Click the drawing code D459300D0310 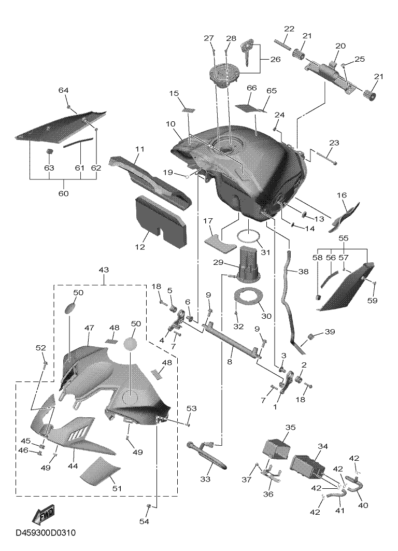point(46,533)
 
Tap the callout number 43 point(104,270)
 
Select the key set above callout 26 point(248,53)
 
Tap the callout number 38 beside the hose point(303,271)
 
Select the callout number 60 point(64,193)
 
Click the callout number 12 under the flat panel point(140,247)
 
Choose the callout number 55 point(343,238)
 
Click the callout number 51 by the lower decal point(117,488)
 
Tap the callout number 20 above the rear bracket point(340,46)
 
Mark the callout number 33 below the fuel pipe point(205,479)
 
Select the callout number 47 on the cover point(89,328)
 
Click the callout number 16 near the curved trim point(342,195)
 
